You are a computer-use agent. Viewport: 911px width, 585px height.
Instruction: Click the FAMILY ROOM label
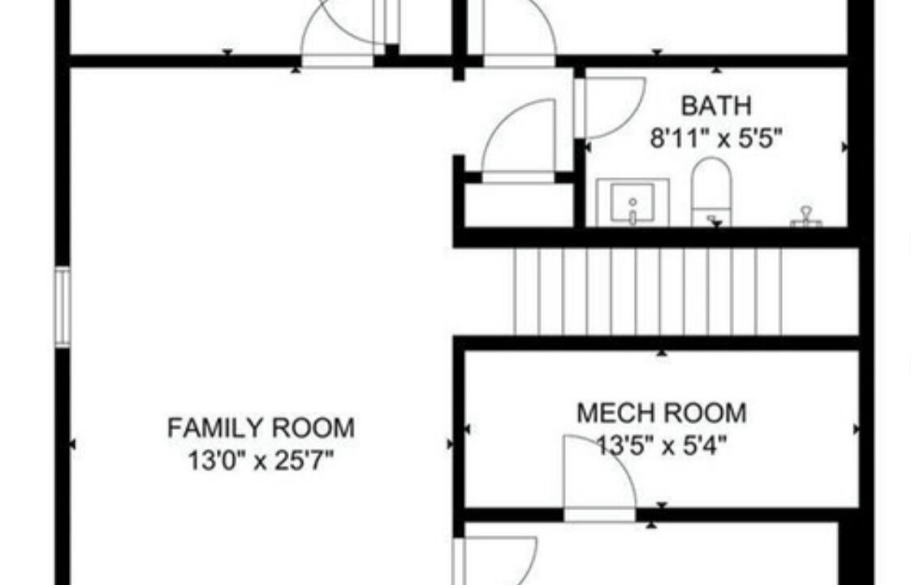[x=261, y=428]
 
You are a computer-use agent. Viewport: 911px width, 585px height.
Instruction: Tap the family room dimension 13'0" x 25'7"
[x=261, y=461]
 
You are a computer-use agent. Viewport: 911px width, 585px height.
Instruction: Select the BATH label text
[x=716, y=106]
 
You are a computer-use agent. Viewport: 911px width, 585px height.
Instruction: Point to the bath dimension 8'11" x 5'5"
[x=716, y=139]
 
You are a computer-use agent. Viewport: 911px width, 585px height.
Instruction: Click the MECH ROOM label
[x=662, y=414]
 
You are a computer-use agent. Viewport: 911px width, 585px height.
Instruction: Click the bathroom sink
[x=633, y=202]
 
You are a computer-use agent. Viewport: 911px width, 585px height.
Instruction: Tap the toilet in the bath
[x=711, y=192]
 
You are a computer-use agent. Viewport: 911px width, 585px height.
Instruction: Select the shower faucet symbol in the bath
[x=805, y=216]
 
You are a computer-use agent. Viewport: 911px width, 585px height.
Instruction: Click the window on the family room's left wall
[x=63, y=307]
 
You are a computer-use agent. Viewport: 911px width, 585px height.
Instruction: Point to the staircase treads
[x=648, y=292]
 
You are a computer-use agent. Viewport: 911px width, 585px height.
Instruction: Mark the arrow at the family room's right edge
[x=450, y=444]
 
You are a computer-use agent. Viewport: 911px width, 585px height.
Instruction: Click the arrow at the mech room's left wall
[x=467, y=430]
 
